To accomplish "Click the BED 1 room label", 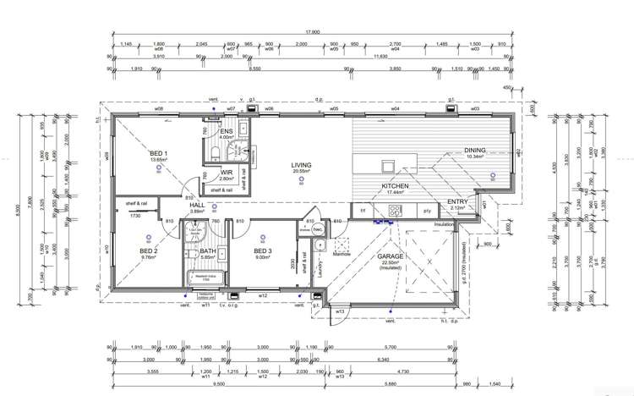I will (160, 152).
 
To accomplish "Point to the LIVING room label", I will (302, 165).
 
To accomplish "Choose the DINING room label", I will (475, 151).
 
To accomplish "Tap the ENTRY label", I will (459, 201).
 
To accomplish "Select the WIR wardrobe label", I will (226, 173).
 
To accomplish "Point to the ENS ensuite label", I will (227, 132).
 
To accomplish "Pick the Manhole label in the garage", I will (342, 253).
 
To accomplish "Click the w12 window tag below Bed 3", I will (262, 295).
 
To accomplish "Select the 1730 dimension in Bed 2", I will (135, 216).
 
